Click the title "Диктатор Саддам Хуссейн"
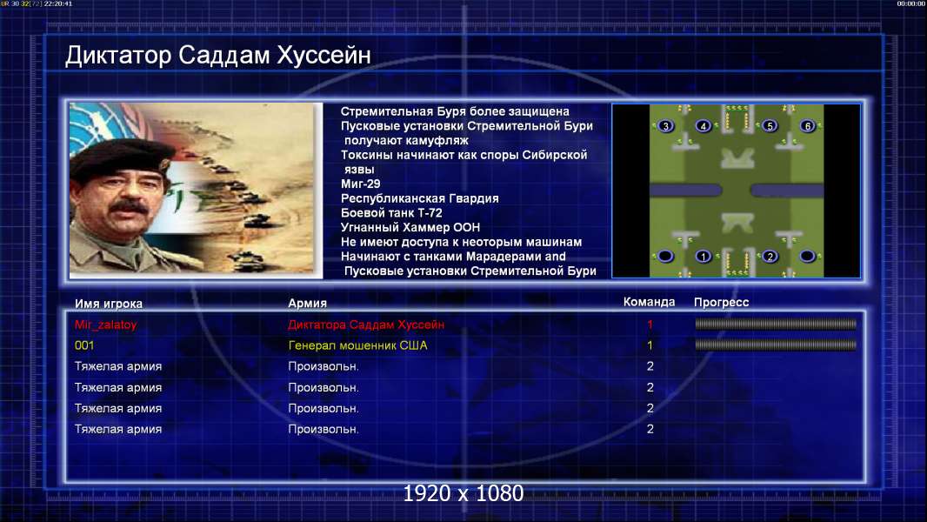click(x=218, y=56)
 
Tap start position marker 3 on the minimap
click(x=666, y=126)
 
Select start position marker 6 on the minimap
click(x=808, y=126)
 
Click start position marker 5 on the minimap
click(x=770, y=126)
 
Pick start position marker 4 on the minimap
click(x=703, y=126)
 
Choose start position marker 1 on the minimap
click(x=703, y=257)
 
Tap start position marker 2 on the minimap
click(x=770, y=257)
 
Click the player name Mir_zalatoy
click(x=106, y=325)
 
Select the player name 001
click(x=84, y=345)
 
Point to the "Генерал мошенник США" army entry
click(x=357, y=345)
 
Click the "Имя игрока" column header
click(x=108, y=304)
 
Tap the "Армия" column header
click(x=308, y=304)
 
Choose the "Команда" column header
click(x=649, y=302)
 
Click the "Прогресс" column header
click(x=721, y=303)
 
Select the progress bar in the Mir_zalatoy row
click(x=776, y=324)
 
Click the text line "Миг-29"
click(x=361, y=184)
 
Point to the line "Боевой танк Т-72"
click(x=391, y=213)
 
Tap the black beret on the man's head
click(x=121, y=156)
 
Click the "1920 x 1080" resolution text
click(x=463, y=493)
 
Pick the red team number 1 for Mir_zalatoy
click(x=650, y=324)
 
